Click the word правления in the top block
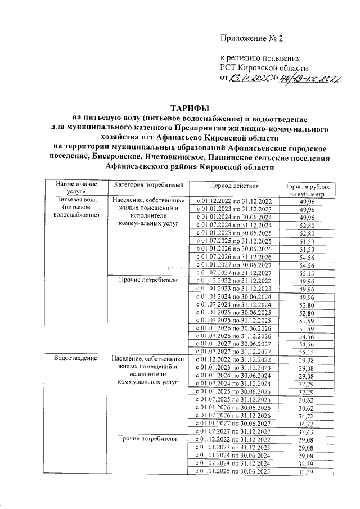click(x=282, y=58)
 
